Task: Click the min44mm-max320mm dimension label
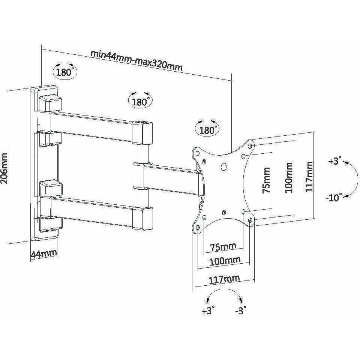click(x=136, y=60)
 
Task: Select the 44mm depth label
click(x=43, y=254)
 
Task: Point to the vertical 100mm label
click(x=288, y=177)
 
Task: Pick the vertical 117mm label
click(x=309, y=177)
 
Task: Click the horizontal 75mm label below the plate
click(x=223, y=246)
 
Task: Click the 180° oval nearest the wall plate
click(x=64, y=72)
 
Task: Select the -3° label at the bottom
click(x=240, y=310)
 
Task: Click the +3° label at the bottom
click(x=208, y=310)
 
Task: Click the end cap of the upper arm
click(x=144, y=133)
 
